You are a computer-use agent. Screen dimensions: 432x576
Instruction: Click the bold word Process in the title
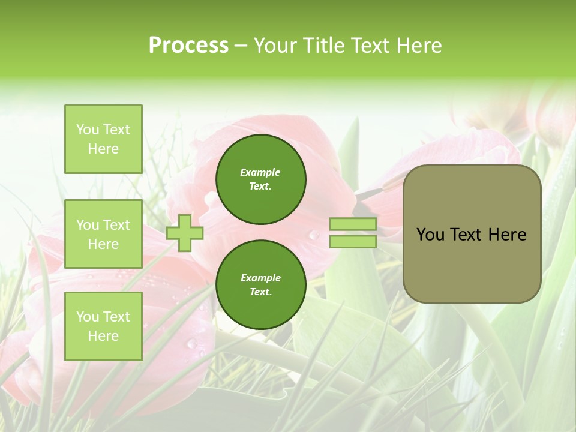(188, 46)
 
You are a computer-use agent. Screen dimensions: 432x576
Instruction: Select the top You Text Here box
(103, 139)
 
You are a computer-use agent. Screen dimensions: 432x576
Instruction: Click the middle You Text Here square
(103, 234)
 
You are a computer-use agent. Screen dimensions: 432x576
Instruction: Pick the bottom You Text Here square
(103, 326)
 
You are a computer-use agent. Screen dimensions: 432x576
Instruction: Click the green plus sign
(185, 233)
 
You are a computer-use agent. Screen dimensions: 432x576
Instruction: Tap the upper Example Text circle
(261, 179)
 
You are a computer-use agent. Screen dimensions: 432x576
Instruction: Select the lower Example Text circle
(261, 285)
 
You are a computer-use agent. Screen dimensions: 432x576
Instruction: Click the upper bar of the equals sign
(353, 224)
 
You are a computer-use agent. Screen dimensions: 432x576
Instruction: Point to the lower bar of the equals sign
(353, 241)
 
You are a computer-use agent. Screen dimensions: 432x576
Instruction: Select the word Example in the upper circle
(260, 173)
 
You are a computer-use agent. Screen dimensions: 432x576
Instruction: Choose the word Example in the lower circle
(260, 278)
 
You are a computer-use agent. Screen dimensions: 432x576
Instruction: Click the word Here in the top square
(103, 149)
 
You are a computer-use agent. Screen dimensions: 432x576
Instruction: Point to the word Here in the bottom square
(103, 336)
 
